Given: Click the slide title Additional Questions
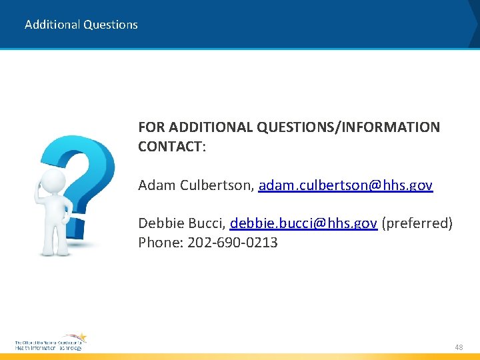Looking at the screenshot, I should pyautogui.click(x=81, y=25).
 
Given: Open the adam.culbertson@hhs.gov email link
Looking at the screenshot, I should pyautogui.click(x=345, y=185).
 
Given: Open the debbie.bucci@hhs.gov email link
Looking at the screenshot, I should pyautogui.click(x=303, y=223).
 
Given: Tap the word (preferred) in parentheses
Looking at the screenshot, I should pyautogui.click(x=417, y=223).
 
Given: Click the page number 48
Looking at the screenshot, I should pyautogui.click(x=459, y=347).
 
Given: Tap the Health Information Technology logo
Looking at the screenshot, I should pyautogui.click(x=50, y=343).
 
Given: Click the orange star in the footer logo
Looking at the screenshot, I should pyautogui.click(x=82, y=337).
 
